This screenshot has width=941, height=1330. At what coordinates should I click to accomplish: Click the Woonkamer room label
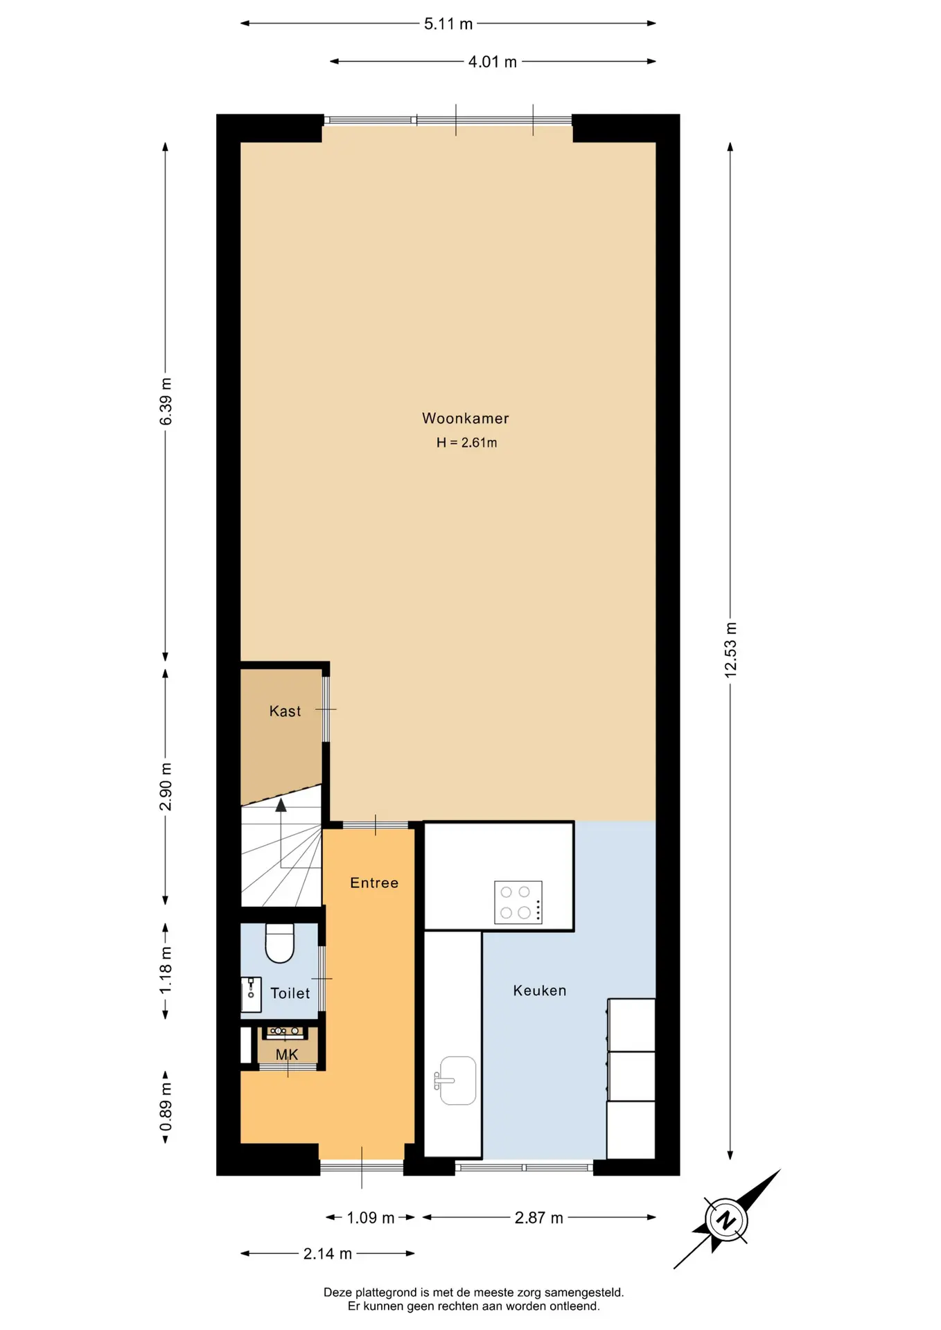[466, 418]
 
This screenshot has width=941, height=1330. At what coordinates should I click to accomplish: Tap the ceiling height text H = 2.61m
[466, 443]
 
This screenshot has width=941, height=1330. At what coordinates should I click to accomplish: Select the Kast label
[285, 711]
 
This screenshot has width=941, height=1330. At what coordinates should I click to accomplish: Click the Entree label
[374, 883]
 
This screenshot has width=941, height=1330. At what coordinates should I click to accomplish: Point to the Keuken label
[540, 991]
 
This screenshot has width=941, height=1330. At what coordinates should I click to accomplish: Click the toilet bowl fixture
[280, 943]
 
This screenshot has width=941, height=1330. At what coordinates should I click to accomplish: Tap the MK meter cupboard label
[287, 1055]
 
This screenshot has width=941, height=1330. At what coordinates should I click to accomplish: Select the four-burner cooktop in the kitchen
[518, 903]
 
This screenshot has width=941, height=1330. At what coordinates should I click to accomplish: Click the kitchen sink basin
[457, 1080]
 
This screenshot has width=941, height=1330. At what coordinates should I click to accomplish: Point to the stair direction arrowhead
[281, 805]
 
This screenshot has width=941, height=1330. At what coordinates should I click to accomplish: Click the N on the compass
[725, 1220]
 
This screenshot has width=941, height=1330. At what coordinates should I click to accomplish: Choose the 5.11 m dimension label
[448, 24]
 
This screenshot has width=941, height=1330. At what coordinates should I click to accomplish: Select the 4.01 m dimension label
[493, 62]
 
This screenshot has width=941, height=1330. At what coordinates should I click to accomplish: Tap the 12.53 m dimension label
[730, 650]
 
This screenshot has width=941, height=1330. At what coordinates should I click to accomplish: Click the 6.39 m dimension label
[166, 402]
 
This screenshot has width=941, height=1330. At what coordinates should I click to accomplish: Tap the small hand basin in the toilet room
[251, 994]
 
